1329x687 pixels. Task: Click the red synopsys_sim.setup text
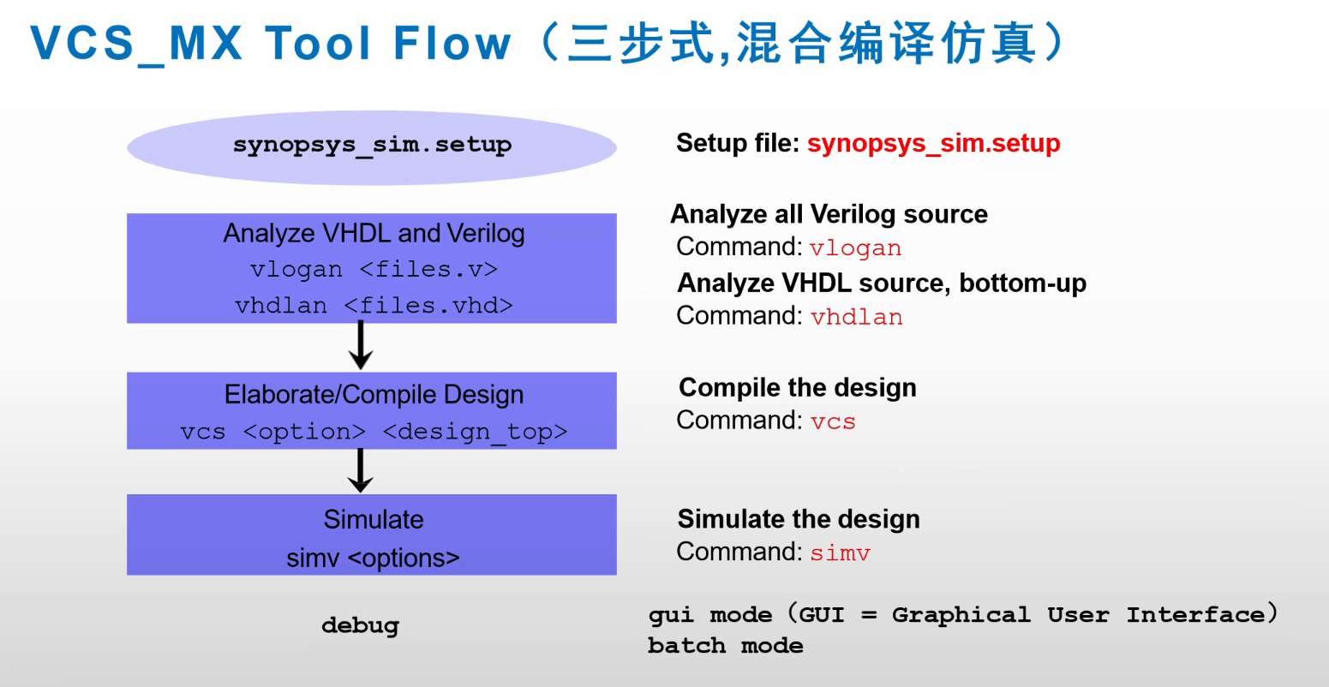point(933,143)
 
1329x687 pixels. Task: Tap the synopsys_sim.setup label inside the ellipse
point(372,145)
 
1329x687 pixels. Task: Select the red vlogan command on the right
point(855,248)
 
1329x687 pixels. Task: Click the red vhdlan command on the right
point(856,317)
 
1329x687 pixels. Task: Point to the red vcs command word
point(833,421)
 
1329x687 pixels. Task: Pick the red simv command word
point(840,553)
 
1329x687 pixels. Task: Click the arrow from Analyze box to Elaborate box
point(361,346)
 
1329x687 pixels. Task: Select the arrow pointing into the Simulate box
point(361,470)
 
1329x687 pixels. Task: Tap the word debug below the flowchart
point(360,625)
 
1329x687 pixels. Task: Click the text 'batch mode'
point(725,646)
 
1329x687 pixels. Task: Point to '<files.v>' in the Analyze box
point(428,270)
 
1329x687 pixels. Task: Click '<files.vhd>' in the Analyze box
point(428,306)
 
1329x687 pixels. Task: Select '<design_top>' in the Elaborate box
point(475,432)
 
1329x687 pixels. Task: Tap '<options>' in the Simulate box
point(404,559)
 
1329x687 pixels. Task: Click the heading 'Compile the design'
point(797,388)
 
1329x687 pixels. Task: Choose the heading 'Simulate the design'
point(799,519)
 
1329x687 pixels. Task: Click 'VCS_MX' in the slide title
point(137,43)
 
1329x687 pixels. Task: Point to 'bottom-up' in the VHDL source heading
point(1022,283)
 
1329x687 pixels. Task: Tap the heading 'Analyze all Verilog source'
point(829,214)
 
